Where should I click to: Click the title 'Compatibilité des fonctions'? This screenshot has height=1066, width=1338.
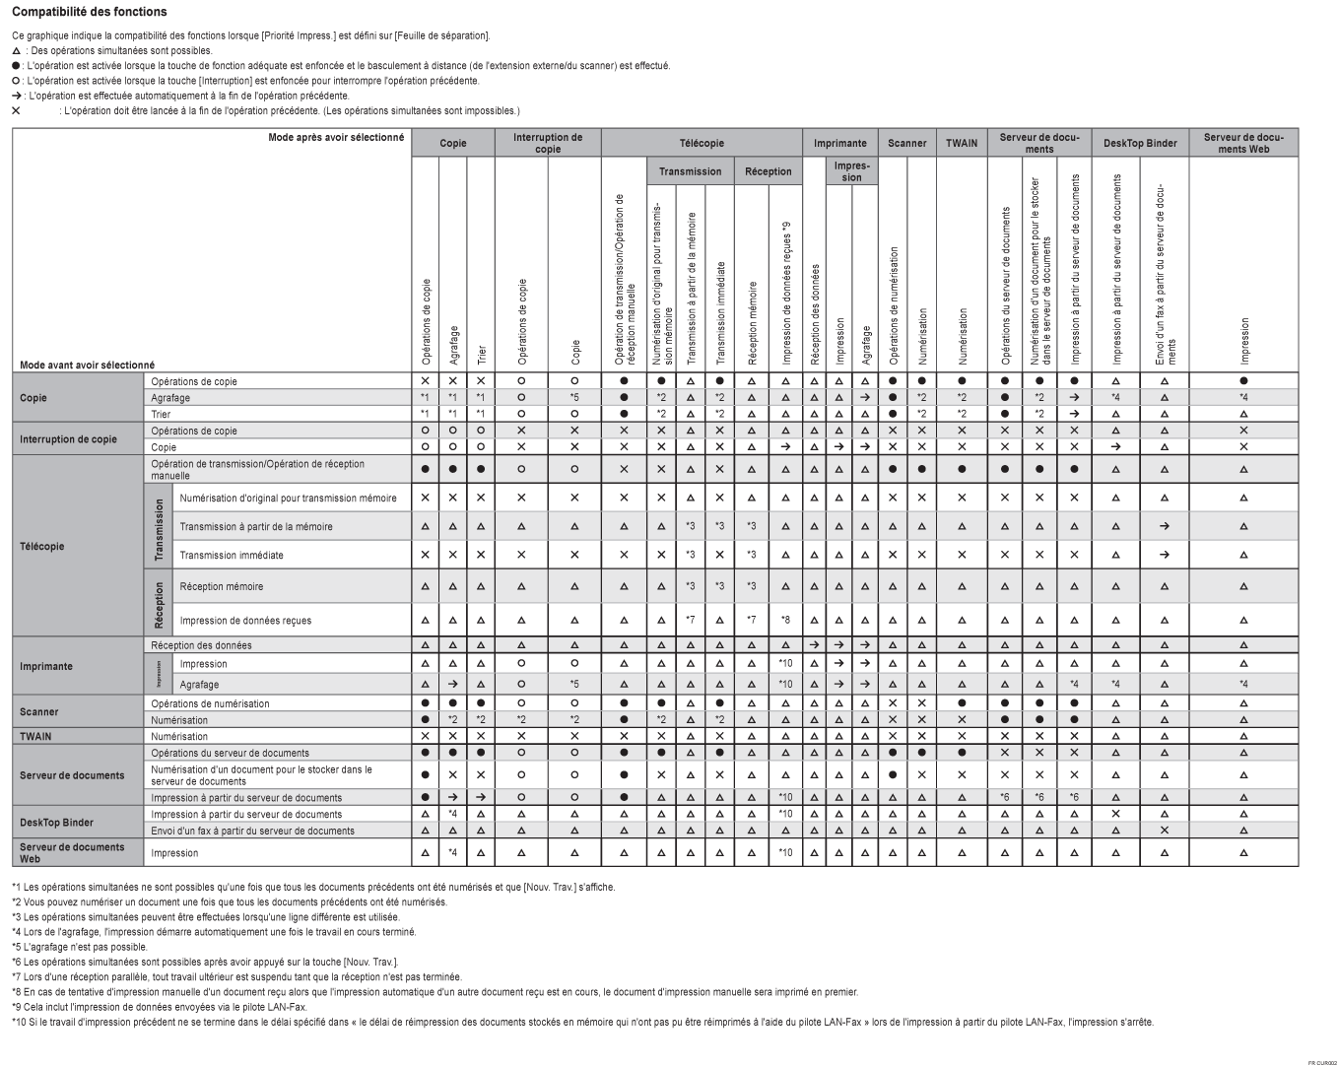[x=90, y=12]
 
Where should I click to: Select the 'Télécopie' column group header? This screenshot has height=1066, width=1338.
[x=702, y=143]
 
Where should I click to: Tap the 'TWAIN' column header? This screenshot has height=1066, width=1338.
[x=962, y=143]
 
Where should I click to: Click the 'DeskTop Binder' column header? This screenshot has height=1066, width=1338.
[x=1140, y=143]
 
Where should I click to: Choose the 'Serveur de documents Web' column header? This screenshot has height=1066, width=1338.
[x=1243, y=143]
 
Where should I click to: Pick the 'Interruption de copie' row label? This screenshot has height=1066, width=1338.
[x=68, y=439]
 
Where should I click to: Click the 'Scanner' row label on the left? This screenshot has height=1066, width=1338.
[x=39, y=711]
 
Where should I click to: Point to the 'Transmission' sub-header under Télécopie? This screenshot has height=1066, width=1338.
[x=690, y=171]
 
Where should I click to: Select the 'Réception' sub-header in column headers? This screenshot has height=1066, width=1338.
[x=769, y=171]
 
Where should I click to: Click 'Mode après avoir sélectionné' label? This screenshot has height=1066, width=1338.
[x=336, y=137]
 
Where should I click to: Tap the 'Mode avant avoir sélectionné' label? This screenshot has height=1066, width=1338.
[x=87, y=366]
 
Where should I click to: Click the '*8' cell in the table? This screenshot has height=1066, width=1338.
[x=785, y=621]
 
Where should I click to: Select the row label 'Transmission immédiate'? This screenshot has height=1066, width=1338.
[x=231, y=556]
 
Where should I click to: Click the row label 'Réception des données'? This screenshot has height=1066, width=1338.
[x=201, y=645]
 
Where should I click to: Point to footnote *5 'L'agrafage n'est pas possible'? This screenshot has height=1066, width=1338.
[x=80, y=947]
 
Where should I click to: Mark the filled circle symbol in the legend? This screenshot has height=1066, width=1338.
[x=16, y=66]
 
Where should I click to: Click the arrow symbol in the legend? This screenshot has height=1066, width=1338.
[x=16, y=96]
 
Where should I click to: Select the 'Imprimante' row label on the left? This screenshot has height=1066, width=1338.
[x=45, y=666]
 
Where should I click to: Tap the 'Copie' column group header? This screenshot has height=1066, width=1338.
[x=453, y=143]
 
